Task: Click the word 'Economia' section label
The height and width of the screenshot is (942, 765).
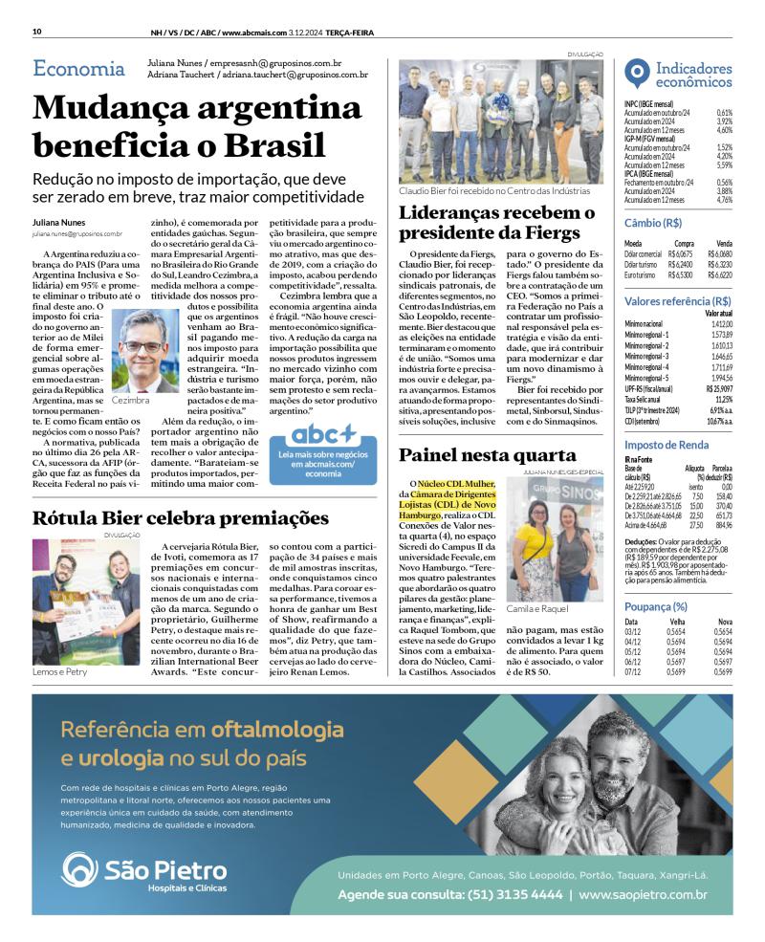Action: click(x=78, y=69)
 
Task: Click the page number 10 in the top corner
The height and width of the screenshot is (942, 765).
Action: click(x=36, y=31)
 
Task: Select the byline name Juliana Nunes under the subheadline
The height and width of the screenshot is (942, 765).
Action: click(x=58, y=222)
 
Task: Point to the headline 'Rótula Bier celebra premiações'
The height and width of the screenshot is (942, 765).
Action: click(x=181, y=518)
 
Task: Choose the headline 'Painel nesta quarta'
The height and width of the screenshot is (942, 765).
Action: click(x=488, y=455)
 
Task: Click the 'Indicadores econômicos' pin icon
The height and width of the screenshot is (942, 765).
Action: click(x=637, y=74)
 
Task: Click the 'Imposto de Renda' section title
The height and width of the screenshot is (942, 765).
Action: click(x=667, y=445)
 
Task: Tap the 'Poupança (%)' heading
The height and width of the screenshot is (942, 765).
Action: click(x=656, y=606)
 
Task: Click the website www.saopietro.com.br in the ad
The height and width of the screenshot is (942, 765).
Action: click(x=643, y=895)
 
